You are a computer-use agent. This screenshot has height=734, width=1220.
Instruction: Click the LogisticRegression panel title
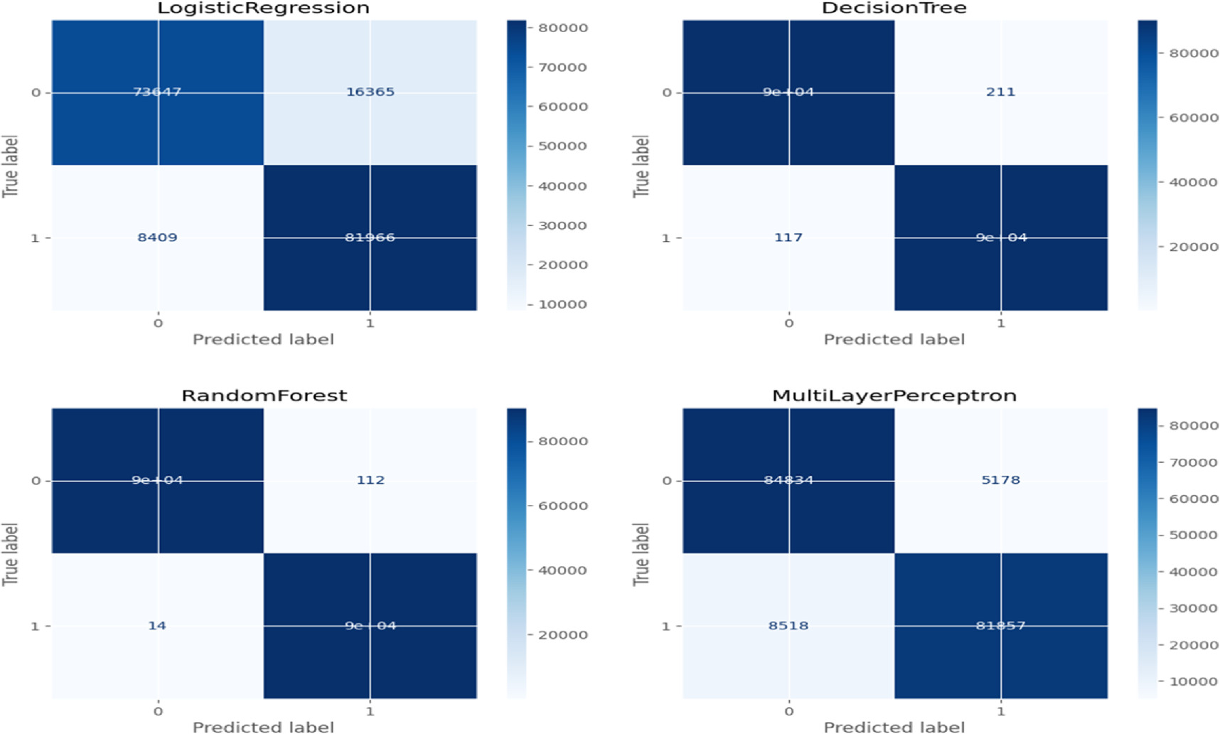(x=263, y=9)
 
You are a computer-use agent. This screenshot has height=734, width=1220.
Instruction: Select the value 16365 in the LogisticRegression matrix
(x=370, y=92)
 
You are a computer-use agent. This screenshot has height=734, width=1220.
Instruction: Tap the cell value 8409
(x=157, y=238)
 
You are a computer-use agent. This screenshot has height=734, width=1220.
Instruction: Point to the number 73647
(x=157, y=92)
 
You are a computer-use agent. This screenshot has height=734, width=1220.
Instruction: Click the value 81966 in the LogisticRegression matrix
(x=370, y=238)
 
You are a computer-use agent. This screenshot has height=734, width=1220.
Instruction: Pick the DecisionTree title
(x=894, y=9)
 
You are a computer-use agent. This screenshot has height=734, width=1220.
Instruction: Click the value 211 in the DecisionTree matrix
(x=1000, y=92)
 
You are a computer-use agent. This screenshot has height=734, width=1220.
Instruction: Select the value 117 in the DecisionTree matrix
(x=788, y=238)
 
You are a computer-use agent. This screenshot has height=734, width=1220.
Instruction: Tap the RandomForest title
(x=264, y=396)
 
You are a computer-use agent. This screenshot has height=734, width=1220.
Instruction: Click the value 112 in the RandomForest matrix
(x=370, y=480)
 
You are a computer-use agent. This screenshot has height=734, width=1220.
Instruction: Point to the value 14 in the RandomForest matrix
(x=157, y=626)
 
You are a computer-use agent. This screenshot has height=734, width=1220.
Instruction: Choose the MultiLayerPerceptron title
(x=894, y=396)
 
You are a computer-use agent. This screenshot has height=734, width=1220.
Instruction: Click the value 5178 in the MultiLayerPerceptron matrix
(x=1000, y=480)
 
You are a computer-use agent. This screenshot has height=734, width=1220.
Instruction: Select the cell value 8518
(x=788, y=626)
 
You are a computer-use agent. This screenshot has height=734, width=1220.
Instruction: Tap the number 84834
(x=788, y=480)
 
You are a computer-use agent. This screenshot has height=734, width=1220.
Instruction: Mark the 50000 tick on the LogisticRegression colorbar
(x=562, y=147)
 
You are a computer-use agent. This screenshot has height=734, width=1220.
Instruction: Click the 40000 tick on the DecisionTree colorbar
(x=1193, y=183)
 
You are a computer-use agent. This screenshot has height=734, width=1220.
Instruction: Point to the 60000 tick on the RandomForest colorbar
(x=562, y=506)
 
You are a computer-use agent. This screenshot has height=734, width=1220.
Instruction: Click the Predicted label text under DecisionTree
(x=894, y=339)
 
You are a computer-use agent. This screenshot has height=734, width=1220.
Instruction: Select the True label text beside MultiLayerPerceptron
(x=641, y=554)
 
